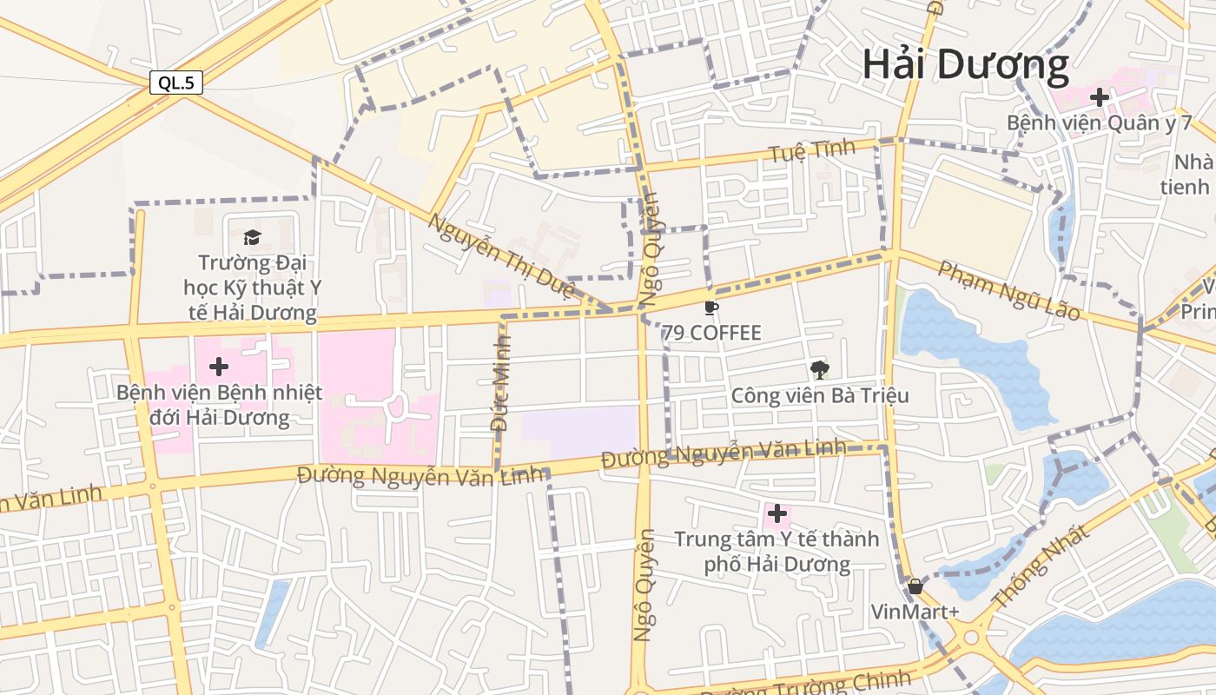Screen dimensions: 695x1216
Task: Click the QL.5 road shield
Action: [176, 83]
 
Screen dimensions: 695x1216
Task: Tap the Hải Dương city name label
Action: [965, 64]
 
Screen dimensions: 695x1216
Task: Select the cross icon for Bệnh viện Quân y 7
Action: [1099, 97]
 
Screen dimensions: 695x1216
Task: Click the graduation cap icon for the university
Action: [252, 237]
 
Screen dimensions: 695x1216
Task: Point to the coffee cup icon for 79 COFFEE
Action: [711, 308]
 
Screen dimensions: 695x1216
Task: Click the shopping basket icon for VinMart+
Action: [915, 586]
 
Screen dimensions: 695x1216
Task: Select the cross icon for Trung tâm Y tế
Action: [777, 514]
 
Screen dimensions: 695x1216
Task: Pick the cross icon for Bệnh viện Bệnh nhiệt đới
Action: [219, 367]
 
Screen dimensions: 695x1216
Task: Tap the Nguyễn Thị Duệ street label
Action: [500, 255]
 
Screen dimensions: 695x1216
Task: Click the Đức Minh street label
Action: [501, 382]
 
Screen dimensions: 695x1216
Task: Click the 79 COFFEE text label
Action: [711, 333]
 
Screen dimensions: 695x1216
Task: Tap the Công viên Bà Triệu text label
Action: [820, 396]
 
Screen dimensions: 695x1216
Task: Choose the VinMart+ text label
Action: [915, 612]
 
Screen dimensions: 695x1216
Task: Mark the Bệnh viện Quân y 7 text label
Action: [1099, 122]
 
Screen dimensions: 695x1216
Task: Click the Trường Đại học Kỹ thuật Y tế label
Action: [251, 288]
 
